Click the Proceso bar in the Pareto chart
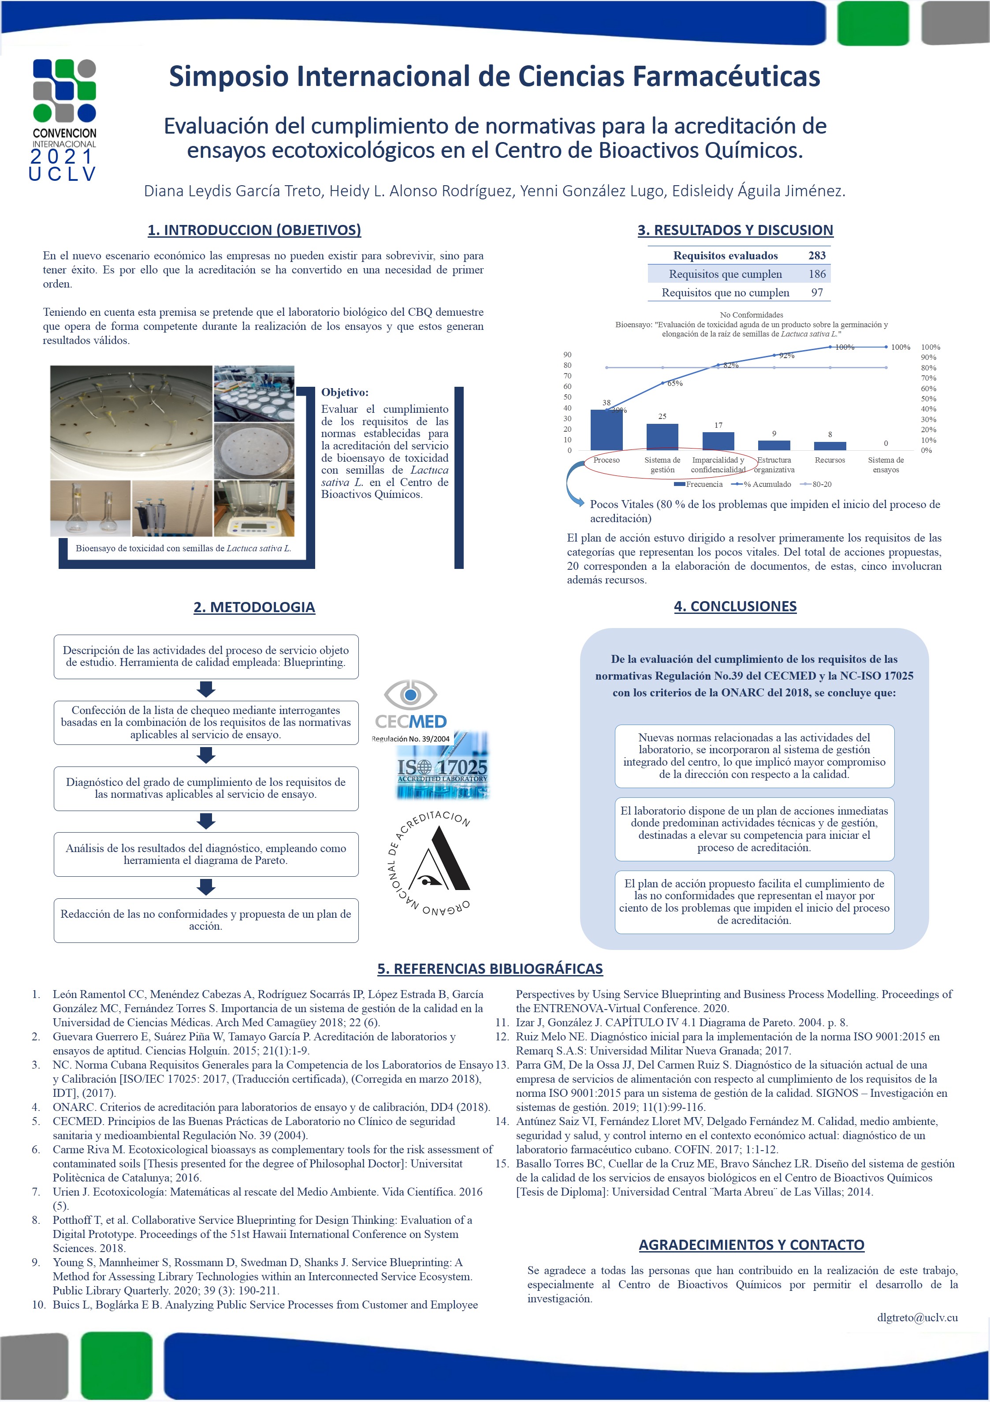click(606, 430)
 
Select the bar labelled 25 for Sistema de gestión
click(662, 437)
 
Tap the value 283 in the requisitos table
click(817, 255)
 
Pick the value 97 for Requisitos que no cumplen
click(817, 292)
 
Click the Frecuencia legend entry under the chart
click(698, 484)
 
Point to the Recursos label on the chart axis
click(830, 460)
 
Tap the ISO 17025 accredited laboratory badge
click(443, 767)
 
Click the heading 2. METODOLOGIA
click(254, 607)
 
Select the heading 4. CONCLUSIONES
click(735, 606)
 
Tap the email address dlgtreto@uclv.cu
click(917, 1317)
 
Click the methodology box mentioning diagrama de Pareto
click(206, 854)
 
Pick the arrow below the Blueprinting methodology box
click(206, 689)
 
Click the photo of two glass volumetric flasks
click(90, 508)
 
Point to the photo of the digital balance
click(254, 508)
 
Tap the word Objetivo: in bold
click(345, 392)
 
